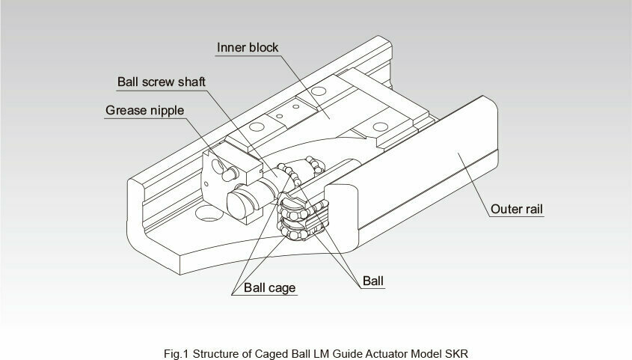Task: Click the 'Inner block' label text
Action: tap(248, 48)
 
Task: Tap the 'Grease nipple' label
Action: tap(144, 111)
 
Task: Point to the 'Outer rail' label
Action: tap(517, 209)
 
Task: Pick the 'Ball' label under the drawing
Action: tap(374, 281)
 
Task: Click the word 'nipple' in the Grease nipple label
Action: tap(166, 111)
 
